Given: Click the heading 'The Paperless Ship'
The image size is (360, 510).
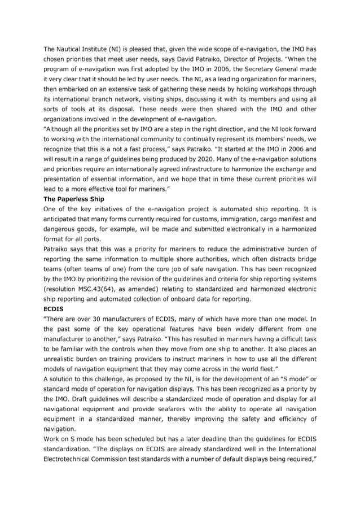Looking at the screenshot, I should click(73, 199).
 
